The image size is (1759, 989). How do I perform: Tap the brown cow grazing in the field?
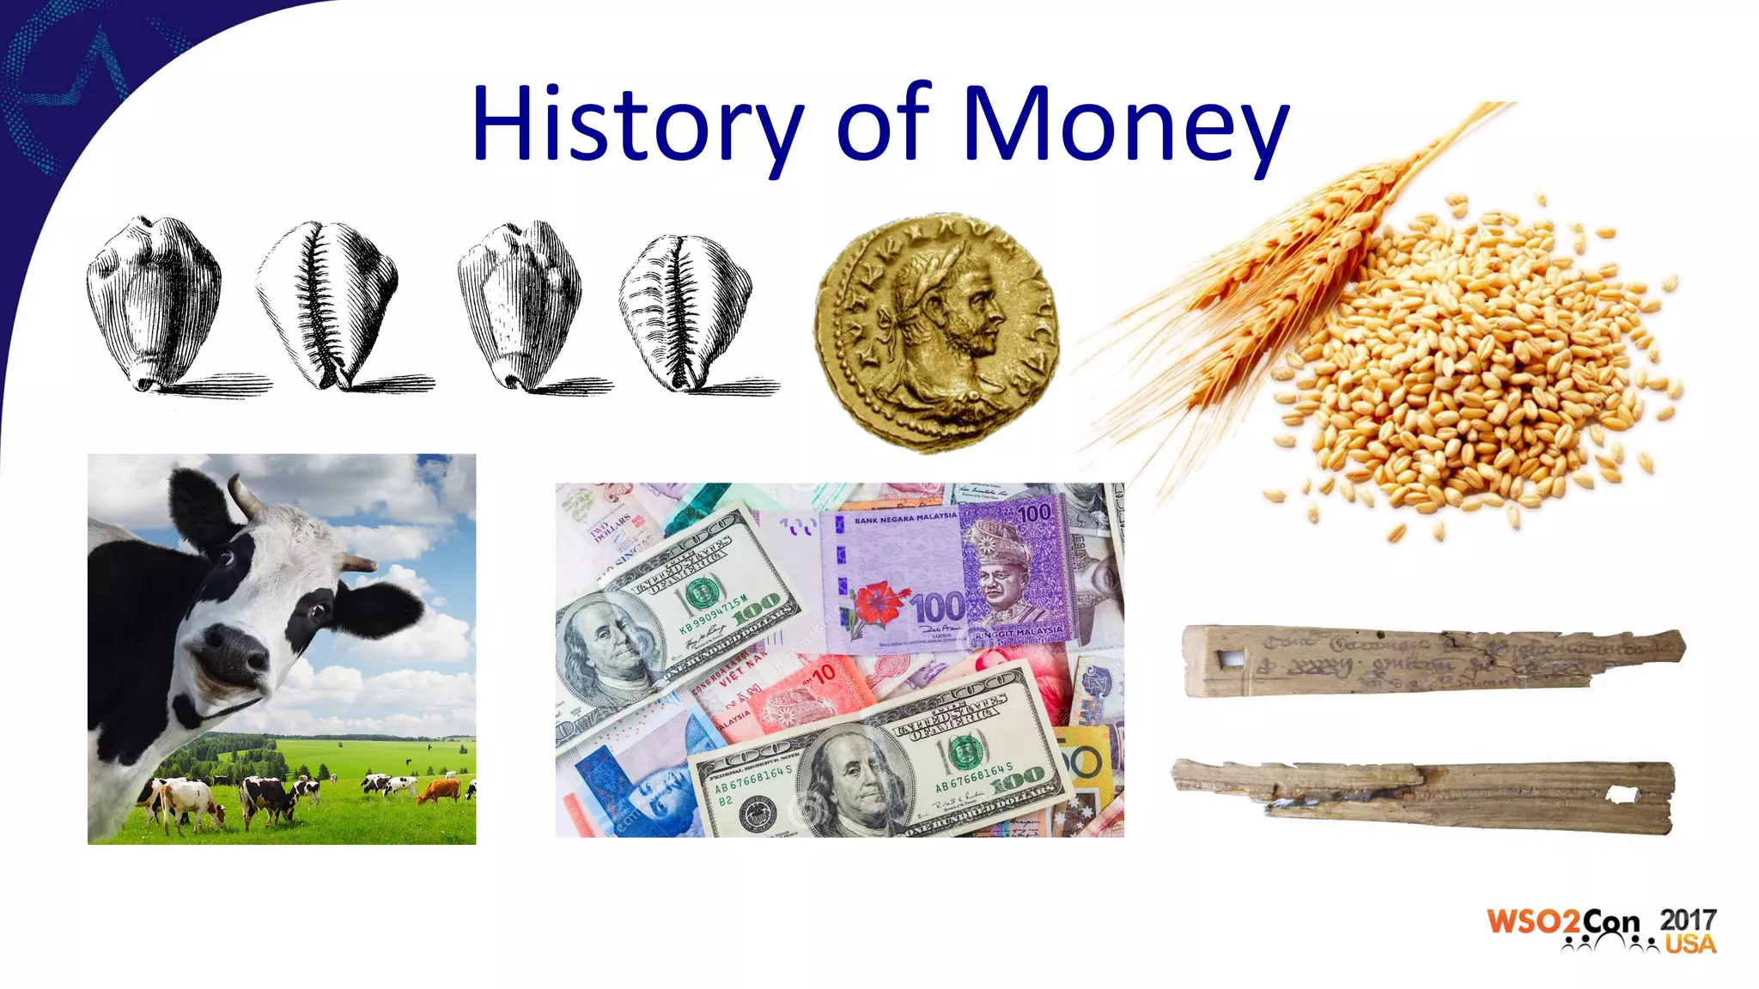(440, 790)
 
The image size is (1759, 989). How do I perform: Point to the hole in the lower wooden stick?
(1622, 795)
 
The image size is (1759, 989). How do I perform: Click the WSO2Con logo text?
(1563, 923)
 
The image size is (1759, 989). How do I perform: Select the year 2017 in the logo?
(1688, 919)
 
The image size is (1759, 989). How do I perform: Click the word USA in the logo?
(1690, 944)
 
